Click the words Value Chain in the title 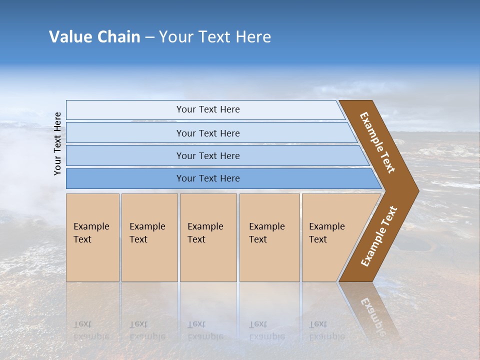click(x=94, y=37)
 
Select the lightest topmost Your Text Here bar click(x=207, y=109)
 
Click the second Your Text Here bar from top click(x=207, y=133)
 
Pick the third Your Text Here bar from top click(x=207, y=155)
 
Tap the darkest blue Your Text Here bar click(x=207, y=178)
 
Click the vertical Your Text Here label click(x=57, y=143)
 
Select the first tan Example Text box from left click(x=92, y=237)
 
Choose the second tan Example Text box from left click(x=149, y=237)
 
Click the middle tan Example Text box click(x=207, y=237)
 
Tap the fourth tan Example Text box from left click(x=269, y=237)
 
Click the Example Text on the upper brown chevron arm click(x=377, y=142)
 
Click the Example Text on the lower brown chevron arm click(x=379, y=236)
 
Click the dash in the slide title click(x=149, y=37)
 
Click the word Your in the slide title click(x=173, y=37)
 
